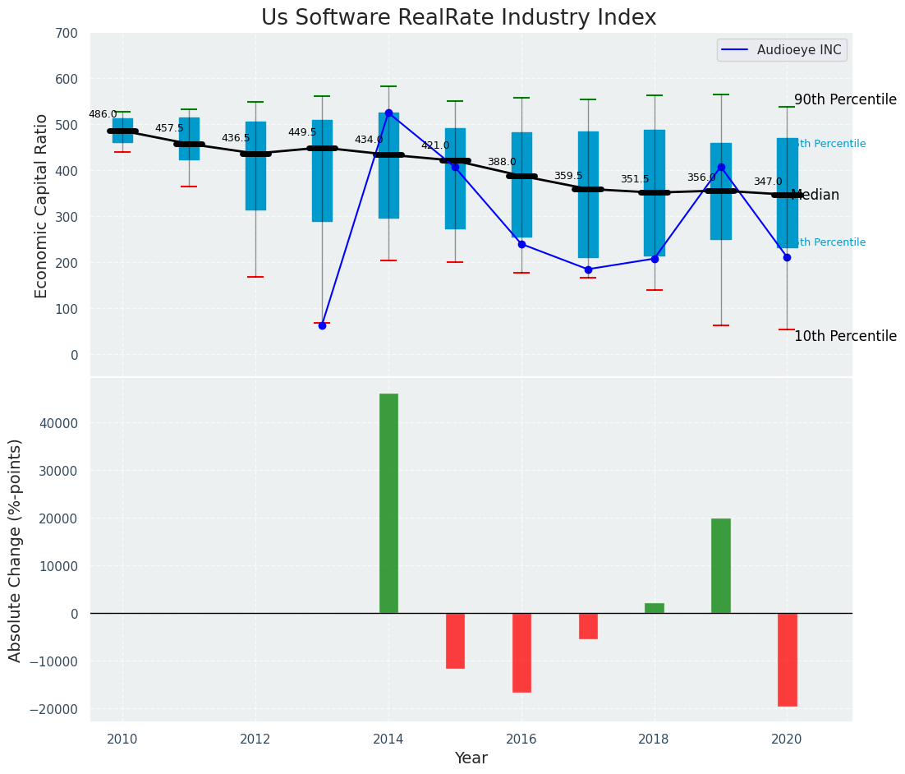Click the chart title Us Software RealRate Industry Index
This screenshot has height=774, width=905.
pos(458,18)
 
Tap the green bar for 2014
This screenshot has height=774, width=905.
pos(388,503)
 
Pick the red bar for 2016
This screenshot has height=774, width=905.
pos(521,652)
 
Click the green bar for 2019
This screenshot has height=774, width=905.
pos(720,565)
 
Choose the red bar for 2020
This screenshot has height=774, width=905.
pos(787,659)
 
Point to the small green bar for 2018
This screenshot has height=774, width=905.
pos(655,608)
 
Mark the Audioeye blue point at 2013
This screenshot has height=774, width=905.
pos(322,325)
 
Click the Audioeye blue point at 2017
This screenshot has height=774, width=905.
pos(588,270)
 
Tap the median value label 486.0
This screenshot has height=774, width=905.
pos(103,115)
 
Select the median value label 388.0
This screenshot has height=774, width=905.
pos(502,163)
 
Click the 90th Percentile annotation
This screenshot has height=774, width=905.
pos(845,100)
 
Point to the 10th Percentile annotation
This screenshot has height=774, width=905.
pos(845,337)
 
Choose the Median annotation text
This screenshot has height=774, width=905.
pos(815,196)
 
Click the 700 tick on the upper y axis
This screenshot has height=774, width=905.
pos(67,34)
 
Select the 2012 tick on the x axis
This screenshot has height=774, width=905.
pos(255,739)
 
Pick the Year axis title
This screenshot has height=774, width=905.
pos(471,758)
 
